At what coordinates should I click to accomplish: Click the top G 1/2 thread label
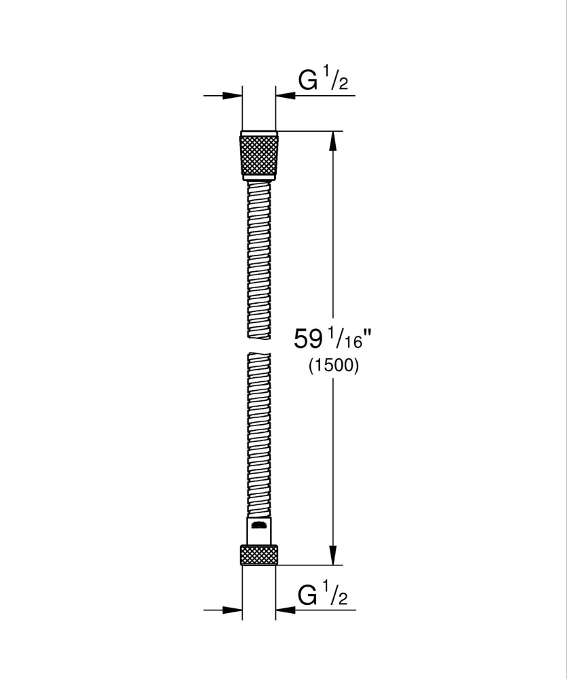coord(324,82)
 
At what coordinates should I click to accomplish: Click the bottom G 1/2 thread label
coord(324,596)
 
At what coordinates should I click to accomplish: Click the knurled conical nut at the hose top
coord(259,156)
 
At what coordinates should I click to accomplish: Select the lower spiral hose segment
coord(259,435)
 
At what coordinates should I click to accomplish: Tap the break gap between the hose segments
coord(259,345)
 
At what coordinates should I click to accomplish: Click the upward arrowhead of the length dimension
coord(332,139)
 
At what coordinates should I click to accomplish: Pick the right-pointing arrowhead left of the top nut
coord(235,96)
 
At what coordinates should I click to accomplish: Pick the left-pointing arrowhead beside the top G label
coord(284,96)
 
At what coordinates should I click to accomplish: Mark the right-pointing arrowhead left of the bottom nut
coord(235,610)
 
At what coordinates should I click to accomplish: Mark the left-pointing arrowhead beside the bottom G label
coord(284,610)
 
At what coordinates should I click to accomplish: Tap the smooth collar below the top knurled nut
coord(259,179)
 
